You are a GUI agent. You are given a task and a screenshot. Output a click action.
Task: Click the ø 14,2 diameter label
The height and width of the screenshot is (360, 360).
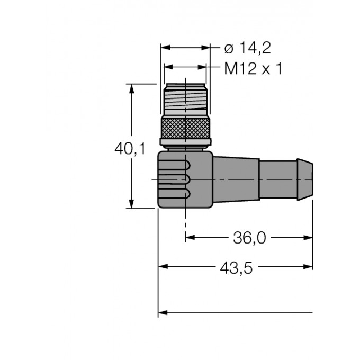coord(247,49)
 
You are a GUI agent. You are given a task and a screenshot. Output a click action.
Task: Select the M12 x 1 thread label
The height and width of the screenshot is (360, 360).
coord(251,68)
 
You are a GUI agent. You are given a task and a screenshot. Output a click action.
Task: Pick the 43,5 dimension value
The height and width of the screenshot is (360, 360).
coord(235,268)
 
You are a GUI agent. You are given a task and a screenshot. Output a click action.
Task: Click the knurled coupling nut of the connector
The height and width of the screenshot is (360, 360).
coord(185,130)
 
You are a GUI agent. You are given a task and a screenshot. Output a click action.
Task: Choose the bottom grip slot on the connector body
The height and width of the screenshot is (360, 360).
coord(175,194)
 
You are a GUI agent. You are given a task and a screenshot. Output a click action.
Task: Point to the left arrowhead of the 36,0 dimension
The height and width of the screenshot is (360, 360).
coord(190,238)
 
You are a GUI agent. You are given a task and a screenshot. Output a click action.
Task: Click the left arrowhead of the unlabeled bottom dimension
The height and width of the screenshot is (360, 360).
coord(163,312)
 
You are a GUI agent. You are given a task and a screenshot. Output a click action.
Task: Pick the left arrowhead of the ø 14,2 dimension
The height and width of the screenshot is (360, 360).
coord(165,48)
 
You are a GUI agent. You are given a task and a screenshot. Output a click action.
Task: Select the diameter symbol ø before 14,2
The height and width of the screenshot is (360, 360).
coord(228,49)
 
